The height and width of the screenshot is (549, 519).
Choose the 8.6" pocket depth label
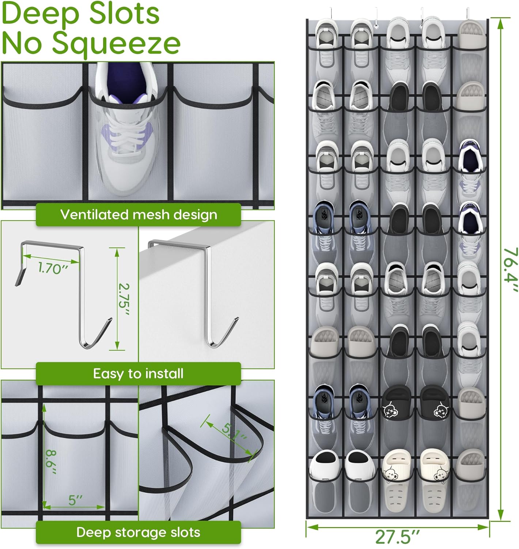pyautogui.click(x=51, y=463)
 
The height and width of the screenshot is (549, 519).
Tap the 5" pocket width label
pyautogui.click(x=75, y=500)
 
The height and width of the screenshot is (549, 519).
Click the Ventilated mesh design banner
pyautogui.click(x=138, y=214)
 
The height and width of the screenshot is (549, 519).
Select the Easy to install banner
pyautogui.click(x=138, y=374)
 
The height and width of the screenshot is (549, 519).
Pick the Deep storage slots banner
pyautogui.click(x=138, y=532)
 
